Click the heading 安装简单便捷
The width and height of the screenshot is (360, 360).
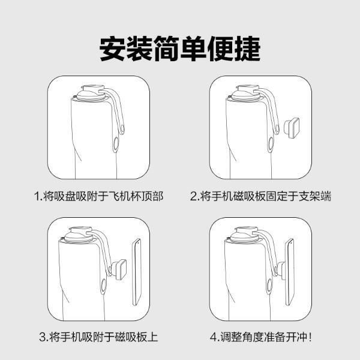[x=180, y=49]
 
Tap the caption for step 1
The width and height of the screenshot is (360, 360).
[x=99, y=196]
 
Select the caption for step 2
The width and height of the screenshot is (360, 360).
[x=260, y=196]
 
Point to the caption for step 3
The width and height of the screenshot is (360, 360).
[x=99, y=337]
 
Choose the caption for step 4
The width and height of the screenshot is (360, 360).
[x=261, y=337]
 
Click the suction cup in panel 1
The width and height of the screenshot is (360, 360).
[x=91, y=93]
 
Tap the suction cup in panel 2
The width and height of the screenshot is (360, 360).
[x=246, y=93]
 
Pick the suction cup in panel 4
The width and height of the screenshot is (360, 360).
[x=245, y=235]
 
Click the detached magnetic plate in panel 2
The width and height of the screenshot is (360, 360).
[x=292, y=128]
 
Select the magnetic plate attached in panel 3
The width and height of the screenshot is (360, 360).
[x=119, y=269]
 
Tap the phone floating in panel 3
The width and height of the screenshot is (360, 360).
[x=137, y=272]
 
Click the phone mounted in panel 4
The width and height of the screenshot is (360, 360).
[x=290, y=272]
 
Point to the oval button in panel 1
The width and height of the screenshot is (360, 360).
[x=116, y=144]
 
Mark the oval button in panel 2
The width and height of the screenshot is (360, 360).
[x=271, y=144]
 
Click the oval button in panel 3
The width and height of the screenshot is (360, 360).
[x=104, y=286]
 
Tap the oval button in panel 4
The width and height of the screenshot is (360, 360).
[x=269, y=286]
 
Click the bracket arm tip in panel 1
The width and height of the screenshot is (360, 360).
[x=122, y=131]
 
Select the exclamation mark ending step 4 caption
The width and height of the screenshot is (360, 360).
[x=310, y=337]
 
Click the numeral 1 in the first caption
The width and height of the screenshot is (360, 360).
[x=37, y=197]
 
